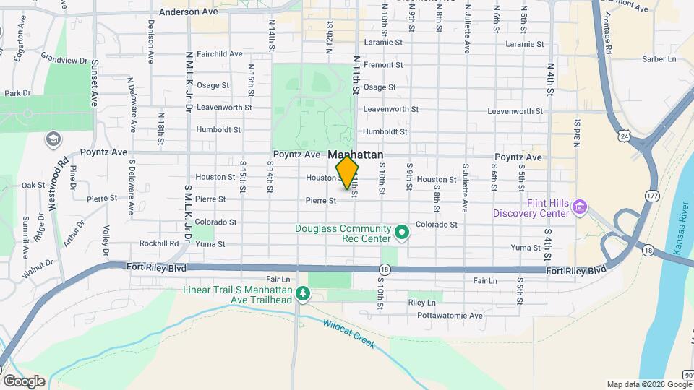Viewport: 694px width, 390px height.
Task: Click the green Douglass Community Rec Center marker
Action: [403, 233]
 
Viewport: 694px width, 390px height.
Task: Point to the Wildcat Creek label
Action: [348, 334]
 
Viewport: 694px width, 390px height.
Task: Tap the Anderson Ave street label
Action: [188, 12]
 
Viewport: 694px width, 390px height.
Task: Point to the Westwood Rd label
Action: [58, 183]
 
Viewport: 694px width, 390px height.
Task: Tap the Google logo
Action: [23, 381]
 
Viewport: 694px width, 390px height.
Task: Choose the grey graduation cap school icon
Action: [53, 138]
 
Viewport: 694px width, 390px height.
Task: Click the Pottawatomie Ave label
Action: [455, 316]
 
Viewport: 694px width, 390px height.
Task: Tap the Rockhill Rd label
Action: [159, 243]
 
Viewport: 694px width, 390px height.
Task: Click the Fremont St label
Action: [382, 65]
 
